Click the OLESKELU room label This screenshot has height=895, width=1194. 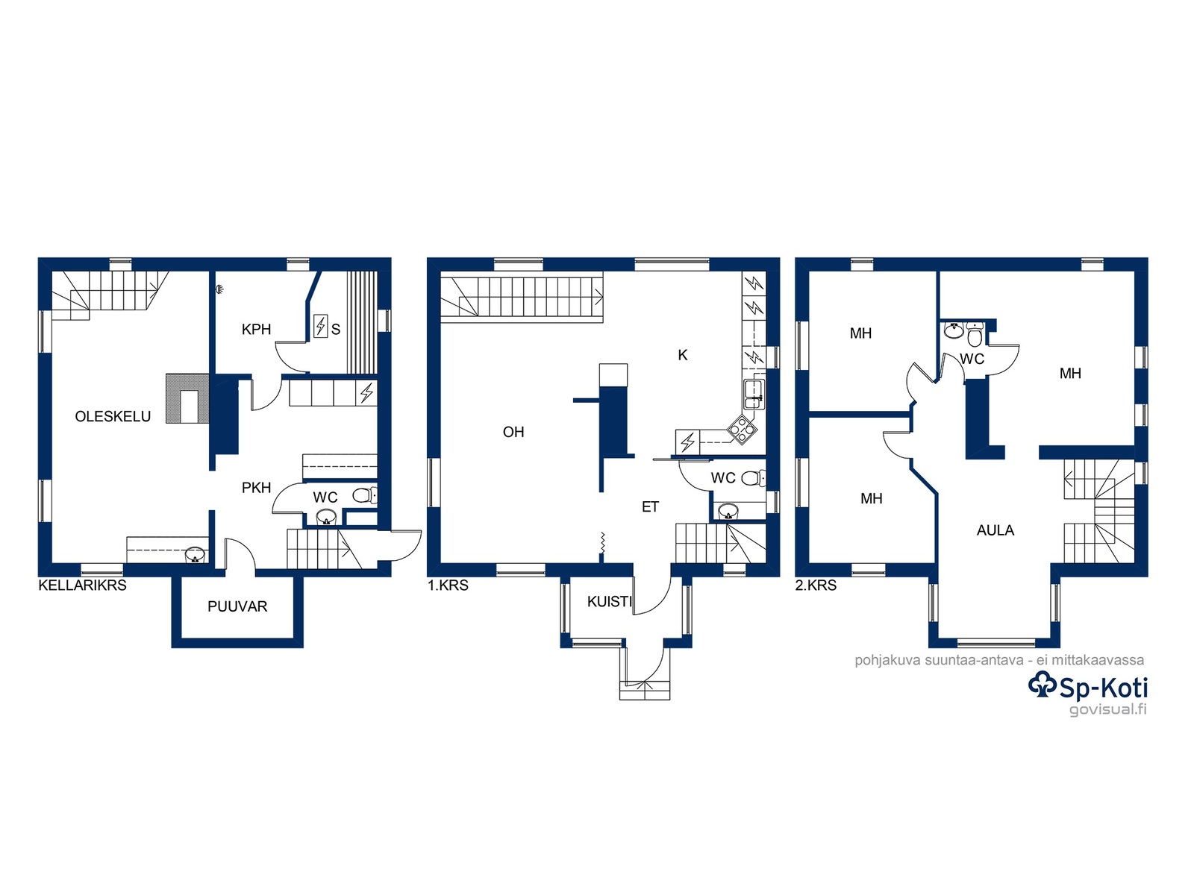tap(113, 416)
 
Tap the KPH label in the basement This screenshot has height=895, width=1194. tap(256, 330)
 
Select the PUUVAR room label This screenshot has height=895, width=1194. tap(237, 606)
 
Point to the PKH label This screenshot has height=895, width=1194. tap(256, 488)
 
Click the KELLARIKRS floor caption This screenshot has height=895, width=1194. tap(82, 585)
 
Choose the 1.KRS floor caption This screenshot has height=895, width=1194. tap(448, 585)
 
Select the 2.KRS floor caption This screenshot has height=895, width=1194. tap(816, 585)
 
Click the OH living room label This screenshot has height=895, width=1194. tap(513, 432)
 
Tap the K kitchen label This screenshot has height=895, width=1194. tap(683, 355)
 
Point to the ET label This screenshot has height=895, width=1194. tap(650, 507)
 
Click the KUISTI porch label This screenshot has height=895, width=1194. tap(609, 602)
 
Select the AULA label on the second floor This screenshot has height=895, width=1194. tap(995, 530)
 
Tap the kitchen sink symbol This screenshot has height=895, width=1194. tap(754, 395)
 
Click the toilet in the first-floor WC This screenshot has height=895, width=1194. tap(754, 479)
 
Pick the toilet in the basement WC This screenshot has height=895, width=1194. tap(364, 495)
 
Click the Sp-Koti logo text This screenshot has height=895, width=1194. tap(1088, 687)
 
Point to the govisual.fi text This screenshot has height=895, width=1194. tap(1108, 709)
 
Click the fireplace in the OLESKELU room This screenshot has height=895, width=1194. tap(187, 398)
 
